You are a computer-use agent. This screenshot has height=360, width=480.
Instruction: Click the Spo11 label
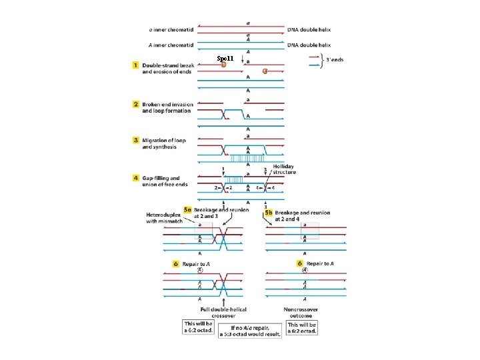(225, 59)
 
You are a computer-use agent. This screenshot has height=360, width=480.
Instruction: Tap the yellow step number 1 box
(136, 65)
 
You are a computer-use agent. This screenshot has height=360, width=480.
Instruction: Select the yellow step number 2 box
(136, 105)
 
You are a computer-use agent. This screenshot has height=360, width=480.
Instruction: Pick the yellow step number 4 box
(136, 179)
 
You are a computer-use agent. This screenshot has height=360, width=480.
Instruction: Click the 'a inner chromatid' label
(171, 30)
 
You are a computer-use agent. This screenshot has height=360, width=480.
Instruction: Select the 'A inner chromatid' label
(171, 45)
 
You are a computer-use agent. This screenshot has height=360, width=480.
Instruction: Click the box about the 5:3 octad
(249, 331)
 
